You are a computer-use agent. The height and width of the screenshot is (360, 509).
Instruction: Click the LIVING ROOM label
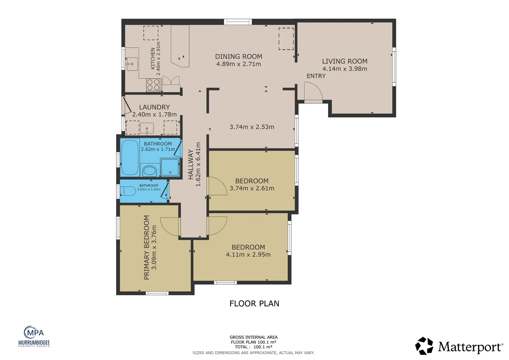click(x=344, y=61)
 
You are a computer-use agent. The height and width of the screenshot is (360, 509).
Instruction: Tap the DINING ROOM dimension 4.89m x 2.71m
click(x=239, y=64)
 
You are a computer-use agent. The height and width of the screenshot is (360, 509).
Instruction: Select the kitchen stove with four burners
click(x=153, y=85)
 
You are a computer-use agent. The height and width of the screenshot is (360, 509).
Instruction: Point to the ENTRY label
click(x=316, y=76)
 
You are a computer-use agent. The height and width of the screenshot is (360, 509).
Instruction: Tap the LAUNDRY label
click(x=154, y=107)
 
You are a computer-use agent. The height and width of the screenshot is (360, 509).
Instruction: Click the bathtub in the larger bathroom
click(x=130, y=157)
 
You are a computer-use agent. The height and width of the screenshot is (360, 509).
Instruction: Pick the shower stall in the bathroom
click(x=170, y=167)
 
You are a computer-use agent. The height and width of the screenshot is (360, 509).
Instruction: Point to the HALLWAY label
click(x=191, y=164)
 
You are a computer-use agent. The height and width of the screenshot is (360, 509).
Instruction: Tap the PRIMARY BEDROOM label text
click(x=147, y=247)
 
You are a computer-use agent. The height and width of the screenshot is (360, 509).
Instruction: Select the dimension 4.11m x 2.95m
click(x=248, y=255)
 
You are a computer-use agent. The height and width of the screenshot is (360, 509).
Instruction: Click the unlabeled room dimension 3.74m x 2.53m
click(x=252, y=127)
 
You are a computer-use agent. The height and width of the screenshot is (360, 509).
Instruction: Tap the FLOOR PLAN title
click(x=254, y=304)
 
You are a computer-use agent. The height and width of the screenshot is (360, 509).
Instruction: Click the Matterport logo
click(x=459, y=346)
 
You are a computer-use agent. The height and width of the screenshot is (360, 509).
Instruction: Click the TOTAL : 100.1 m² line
click(x=254, y=347)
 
